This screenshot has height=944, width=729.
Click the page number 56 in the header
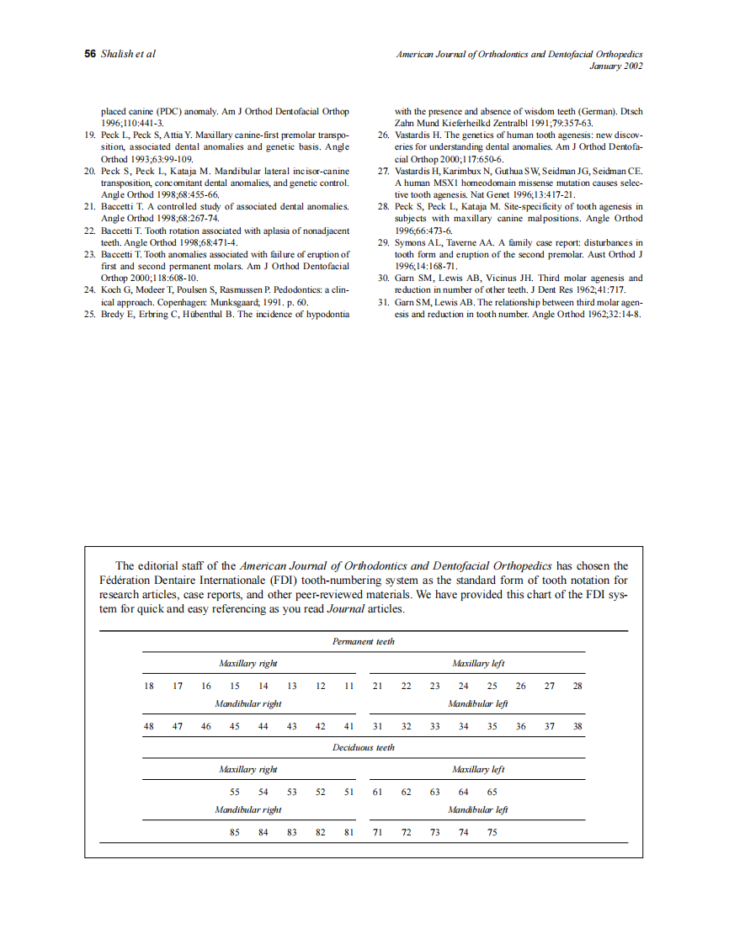pos(90,54)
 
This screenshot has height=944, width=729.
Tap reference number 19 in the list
pos(89,135)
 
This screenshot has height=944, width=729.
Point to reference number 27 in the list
pos(382,171)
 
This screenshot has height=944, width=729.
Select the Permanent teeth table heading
pos(363,641)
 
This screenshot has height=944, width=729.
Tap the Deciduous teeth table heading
pos(363,747)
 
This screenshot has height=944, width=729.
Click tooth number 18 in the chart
pos(149,686)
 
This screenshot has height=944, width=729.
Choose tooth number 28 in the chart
pos(577,686)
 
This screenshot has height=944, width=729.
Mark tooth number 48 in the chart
pos(149,726)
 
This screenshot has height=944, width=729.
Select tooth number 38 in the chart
pos(577,726)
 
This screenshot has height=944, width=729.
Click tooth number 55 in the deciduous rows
pos(235,792)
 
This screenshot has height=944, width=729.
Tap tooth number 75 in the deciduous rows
pos(492,832)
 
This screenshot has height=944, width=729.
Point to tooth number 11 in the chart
pos(349,686)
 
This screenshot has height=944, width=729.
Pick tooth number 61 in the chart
pos(377,792)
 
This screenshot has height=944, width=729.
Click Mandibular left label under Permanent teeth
pos(477,703)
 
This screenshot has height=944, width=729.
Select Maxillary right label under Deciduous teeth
pos(247,769)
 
